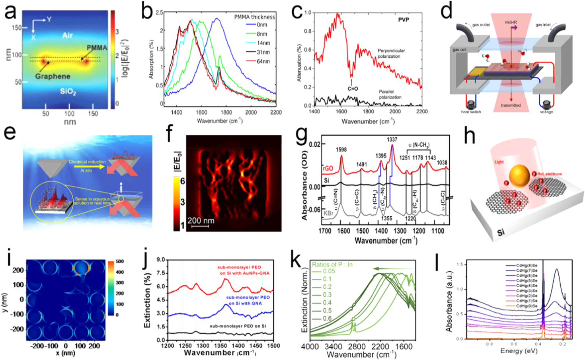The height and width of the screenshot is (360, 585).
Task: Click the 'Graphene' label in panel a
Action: coord(52,76)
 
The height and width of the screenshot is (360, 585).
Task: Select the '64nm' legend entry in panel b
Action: coord(263,61)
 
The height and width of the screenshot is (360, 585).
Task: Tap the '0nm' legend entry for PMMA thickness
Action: coord(261,25)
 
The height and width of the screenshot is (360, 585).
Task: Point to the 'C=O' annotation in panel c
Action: coord(353,89)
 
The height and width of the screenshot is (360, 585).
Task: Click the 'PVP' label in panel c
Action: coord(403,19)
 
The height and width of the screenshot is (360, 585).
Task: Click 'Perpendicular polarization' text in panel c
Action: coord(391,53)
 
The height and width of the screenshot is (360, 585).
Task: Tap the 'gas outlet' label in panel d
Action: coord(481,25)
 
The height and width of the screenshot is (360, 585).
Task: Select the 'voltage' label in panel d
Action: coord(546,112)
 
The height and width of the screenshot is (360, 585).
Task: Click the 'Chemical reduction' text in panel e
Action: coord(87,162)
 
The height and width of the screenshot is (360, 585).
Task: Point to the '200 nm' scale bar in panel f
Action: coord(201,221)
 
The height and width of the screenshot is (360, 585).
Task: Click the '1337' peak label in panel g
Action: coord(392,140)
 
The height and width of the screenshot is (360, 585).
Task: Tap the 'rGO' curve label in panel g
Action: coord(328,168)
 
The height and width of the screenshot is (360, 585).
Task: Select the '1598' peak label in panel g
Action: coord(341,150)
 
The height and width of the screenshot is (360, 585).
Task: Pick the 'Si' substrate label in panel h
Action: coord(501,231)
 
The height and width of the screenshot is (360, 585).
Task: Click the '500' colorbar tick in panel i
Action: coord(119,261)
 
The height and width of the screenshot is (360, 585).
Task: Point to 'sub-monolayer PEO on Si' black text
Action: coord(238,326)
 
